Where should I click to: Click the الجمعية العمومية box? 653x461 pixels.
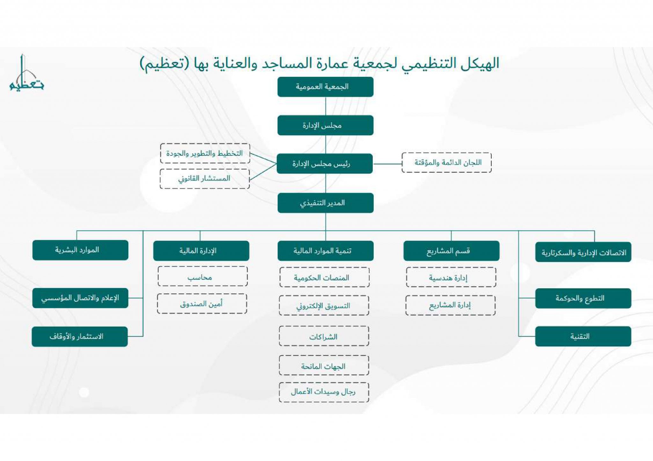click(x=325, y=87)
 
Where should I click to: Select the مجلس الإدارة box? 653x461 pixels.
click(x=325, y=125)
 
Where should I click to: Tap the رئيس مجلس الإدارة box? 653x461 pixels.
click(x=325, y=164)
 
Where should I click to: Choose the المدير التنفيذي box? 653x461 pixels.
click(x=325, y=203)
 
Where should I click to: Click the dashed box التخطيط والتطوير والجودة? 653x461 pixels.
click(x=205, y=154)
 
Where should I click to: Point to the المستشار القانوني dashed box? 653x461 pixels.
click(x=205, y=179)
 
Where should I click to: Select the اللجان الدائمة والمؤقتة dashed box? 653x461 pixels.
click(x=446, y=163)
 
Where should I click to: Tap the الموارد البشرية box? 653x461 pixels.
click(x=80, y=250)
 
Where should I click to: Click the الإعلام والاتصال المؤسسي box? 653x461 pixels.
click(x=80, y=298)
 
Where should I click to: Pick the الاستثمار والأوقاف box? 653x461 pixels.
click(x=80, y=337)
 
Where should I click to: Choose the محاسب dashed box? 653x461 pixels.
click(x=202, y=277)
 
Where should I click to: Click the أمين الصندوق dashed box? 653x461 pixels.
click(x=202, y=304)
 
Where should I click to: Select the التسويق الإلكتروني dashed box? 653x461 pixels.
click(x=324, y=306)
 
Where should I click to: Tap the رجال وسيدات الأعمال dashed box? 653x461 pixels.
click(x=324, y=392)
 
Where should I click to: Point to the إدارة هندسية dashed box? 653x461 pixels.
click(x=451, y=277)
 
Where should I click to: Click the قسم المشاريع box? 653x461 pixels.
click(x=451, y=251)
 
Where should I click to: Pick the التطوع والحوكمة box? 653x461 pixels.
click(x=583, y=299)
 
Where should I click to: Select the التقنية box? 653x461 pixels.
click(x=583, y=336)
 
